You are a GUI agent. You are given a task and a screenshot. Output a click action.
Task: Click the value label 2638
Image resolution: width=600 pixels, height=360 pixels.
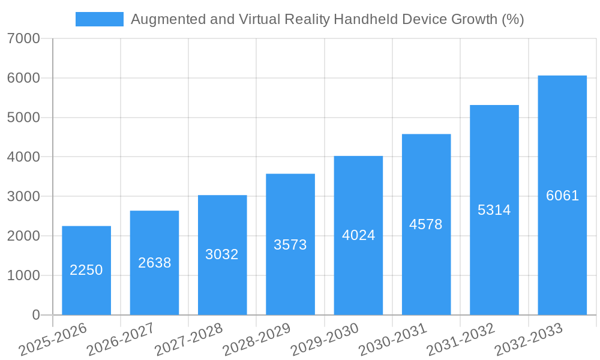[154, 263]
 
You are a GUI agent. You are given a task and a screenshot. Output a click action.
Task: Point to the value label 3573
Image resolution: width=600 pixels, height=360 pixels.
[290, 245]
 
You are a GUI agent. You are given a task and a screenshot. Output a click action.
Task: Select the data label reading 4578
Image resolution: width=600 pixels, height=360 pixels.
[426, 224]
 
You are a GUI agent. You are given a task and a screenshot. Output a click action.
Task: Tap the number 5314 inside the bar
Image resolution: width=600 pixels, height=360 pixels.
[494, 210]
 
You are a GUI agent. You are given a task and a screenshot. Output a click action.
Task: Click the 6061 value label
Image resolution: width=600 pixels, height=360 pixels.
[562, 196]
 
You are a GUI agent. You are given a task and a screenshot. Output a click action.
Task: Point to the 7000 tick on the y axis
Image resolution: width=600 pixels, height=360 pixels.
[24, 39]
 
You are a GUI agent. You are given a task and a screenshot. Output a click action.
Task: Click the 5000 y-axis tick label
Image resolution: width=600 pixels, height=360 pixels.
[24, 118]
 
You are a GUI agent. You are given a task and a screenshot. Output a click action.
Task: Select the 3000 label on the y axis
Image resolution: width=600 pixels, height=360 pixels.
[24, 197]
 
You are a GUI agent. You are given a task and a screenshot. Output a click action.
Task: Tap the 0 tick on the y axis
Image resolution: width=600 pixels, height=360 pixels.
[35, 315]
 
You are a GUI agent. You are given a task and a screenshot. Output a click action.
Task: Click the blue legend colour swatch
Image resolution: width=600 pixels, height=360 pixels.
[99, 19]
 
